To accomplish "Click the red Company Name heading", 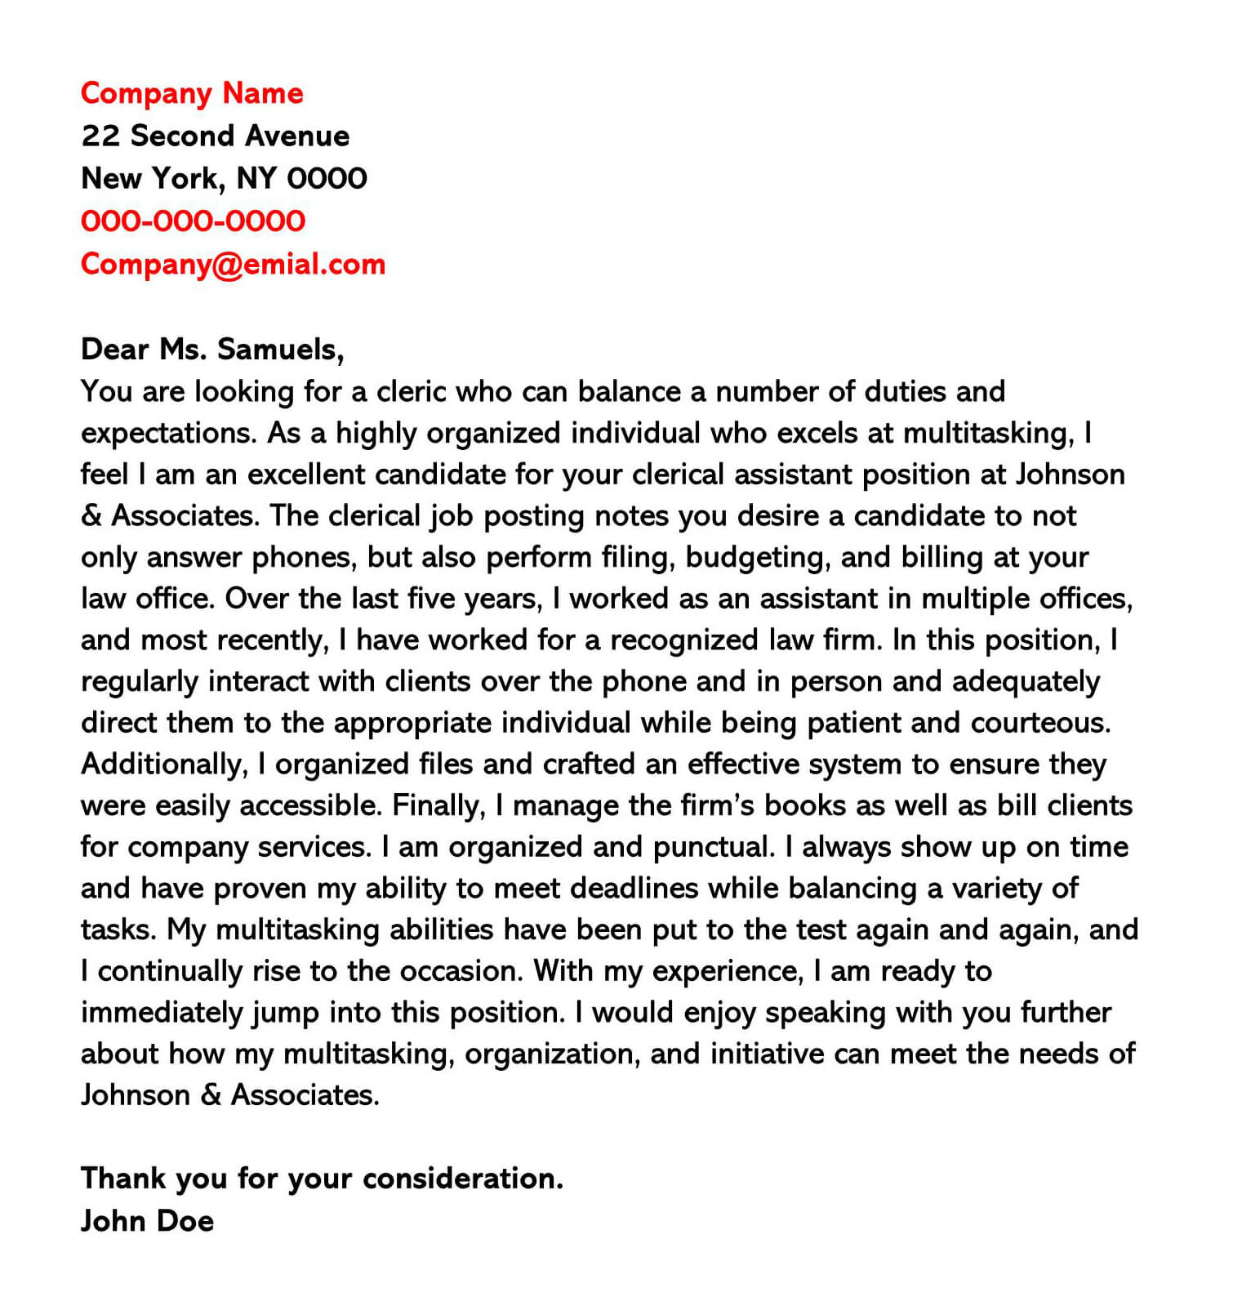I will (x=192, y=93).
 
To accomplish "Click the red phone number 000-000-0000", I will (x=193, y=221).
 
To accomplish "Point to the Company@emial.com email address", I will (x=233, y=264).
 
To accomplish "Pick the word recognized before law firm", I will (x=684, y=640).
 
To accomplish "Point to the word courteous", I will (x=1040, y=723).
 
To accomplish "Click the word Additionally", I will (x=163, y=764).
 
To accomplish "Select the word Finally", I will (x=438, y=806).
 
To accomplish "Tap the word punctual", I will (x=714, y=847).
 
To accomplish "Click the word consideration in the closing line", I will (x=462, y=1179).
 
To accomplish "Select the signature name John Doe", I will (x=147, y=1221).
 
